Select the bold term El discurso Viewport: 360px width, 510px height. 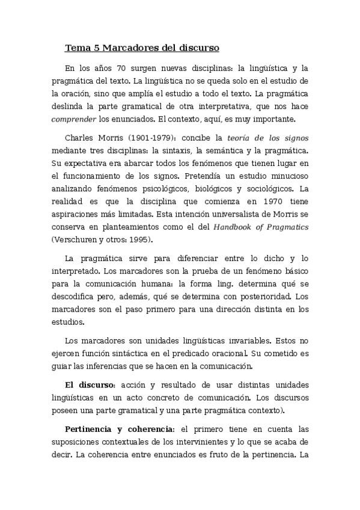click(90, 386)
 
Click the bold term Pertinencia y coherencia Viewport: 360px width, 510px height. click(119, 429)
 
